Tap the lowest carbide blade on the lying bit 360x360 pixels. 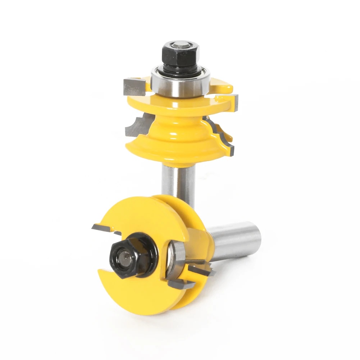coord(180,284)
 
